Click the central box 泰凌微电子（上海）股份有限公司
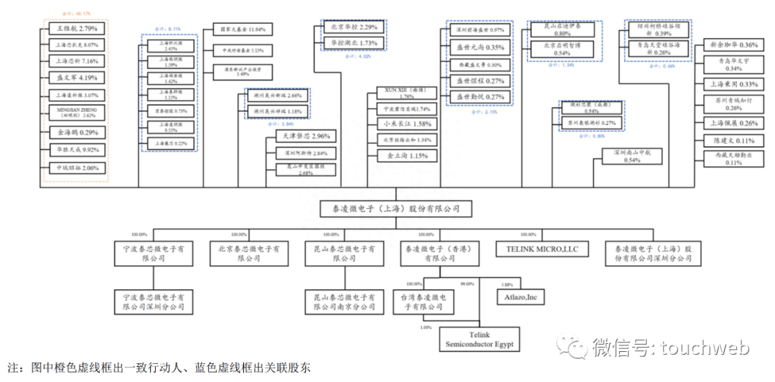coord(395,209)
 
